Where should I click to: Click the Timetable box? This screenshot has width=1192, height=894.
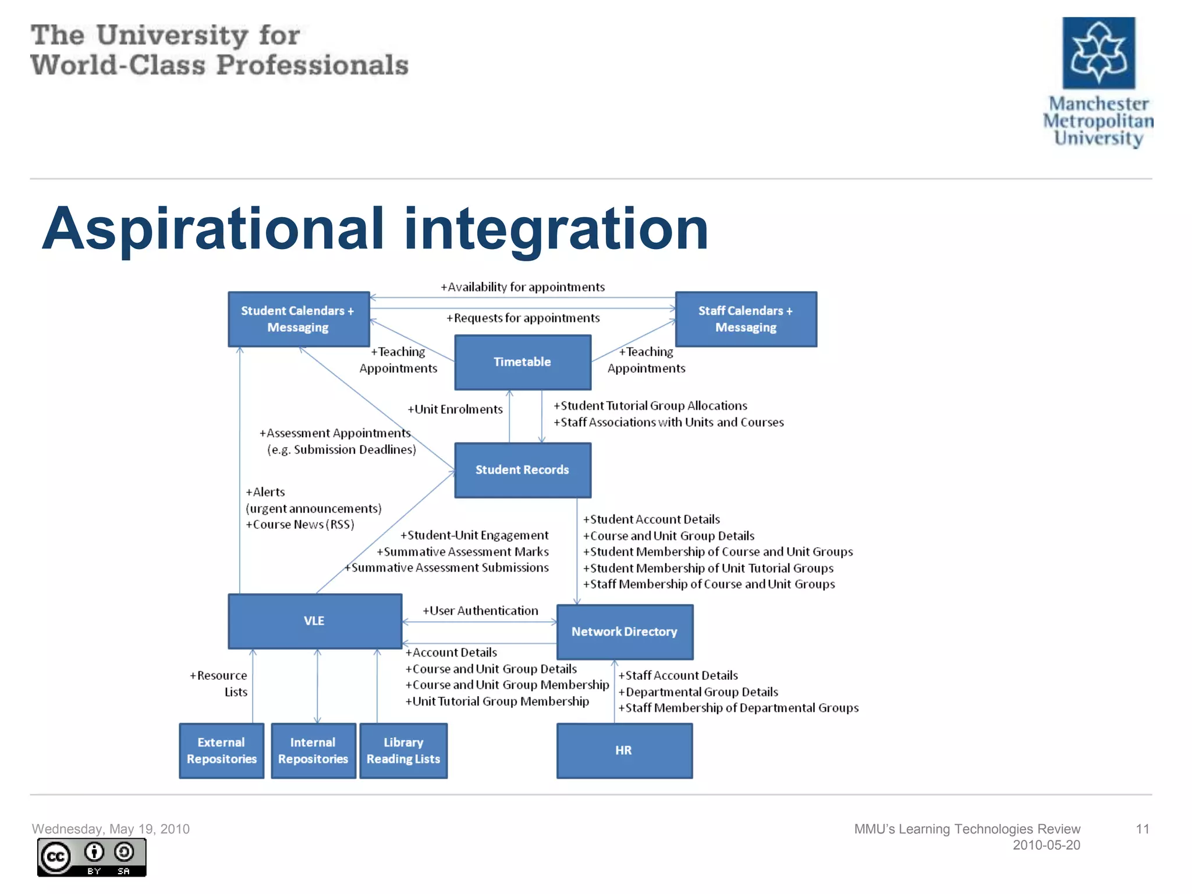tap(522, 362)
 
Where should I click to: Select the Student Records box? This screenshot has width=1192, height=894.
tap(522, 470)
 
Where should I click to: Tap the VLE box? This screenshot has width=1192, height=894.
tap(314, 621)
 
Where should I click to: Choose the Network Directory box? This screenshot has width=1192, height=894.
tap(625, 632)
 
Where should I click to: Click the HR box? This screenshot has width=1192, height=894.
tap(624, 751)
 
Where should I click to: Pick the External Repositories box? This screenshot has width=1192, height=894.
tap(221, 751)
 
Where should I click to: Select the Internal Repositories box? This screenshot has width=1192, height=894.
tap(313, 751)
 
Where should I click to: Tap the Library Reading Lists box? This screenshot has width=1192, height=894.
tap(403, 751)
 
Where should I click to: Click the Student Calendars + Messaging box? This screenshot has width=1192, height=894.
tap(298, 319)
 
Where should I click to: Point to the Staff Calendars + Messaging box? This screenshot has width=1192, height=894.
tap(746, 319)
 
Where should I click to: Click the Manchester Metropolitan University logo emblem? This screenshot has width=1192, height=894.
tap(1098, 53)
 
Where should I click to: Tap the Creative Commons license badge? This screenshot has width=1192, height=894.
tap(91, 857)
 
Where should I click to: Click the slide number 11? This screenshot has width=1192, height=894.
tap(1142, 829)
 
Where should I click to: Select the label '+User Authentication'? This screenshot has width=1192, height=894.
tap(480, 611)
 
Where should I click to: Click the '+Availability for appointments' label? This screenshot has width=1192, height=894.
tap(523, 287)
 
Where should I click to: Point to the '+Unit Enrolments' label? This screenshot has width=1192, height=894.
tap(455, 409)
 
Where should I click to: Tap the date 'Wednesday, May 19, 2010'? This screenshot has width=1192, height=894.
tap(111, 829)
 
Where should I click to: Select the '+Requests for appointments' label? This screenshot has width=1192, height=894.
tap(523, 318)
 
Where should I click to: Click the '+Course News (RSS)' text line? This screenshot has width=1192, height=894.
tap(300, 524)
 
